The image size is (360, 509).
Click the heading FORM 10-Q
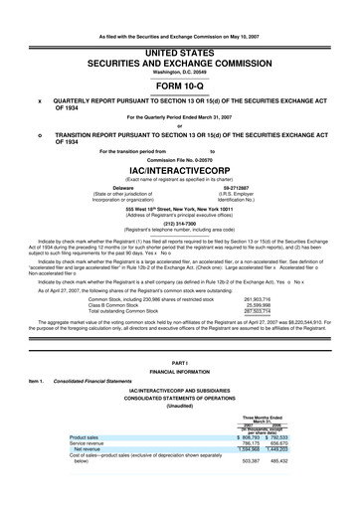pyautogui.click(x=179, y=84)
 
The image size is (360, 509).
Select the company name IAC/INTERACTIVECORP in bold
pyautogui.click(x=179, y=169)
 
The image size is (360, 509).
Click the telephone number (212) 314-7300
pyautogui.click(x=179, y=224)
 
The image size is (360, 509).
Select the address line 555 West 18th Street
pyautogui.click(x=179, y=210)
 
